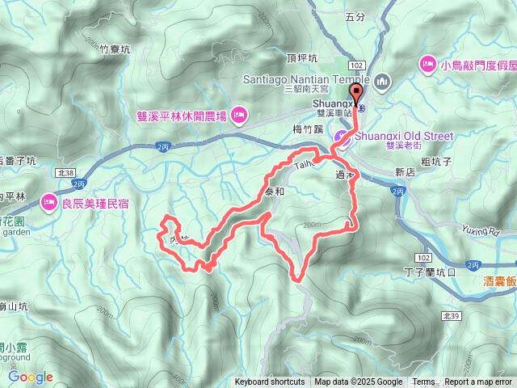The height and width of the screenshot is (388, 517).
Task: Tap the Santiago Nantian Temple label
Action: click(x=305, y=79)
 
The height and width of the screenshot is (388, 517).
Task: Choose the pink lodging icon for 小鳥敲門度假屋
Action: click(x=427, y=63)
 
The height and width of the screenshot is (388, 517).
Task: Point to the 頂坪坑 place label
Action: click(x=301, y=59)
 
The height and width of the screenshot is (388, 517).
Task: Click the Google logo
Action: click(x=31, y=377)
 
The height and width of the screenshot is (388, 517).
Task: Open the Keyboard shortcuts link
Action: click(x=270, y=382)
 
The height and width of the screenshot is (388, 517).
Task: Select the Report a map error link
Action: click(x=478, y=382)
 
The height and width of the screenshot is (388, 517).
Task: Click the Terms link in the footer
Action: click(x=423, y=382)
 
